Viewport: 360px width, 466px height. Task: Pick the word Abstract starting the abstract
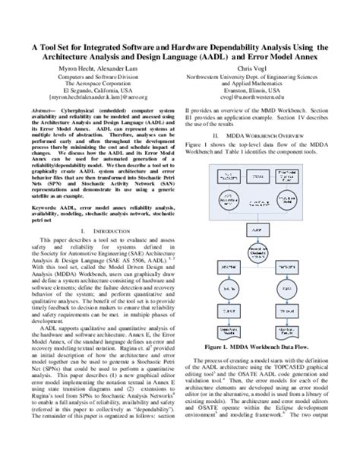43,110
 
